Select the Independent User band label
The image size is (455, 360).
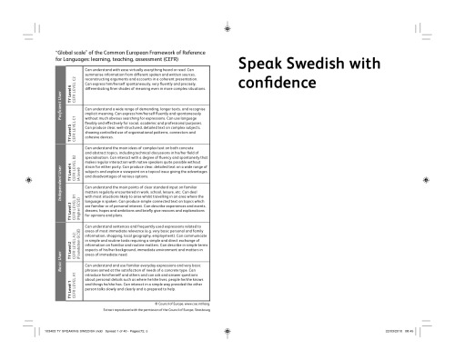point(60,183)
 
